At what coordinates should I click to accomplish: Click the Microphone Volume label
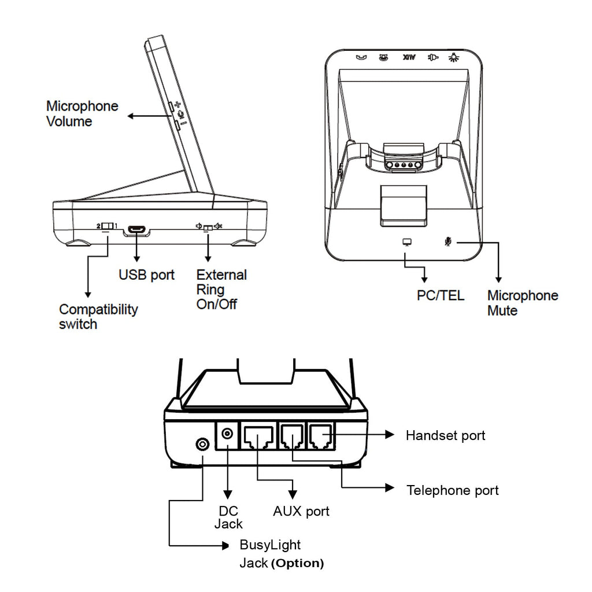[82, 113]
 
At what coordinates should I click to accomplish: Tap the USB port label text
[146, 275]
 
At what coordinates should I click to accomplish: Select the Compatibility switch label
[98, 316]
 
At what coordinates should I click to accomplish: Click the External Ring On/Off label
[221, 289]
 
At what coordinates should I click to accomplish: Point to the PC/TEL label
[441, 295]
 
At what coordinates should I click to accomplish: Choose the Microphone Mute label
[523, 303]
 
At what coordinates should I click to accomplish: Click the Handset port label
[445, 435]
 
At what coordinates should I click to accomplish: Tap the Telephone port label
[453, 491]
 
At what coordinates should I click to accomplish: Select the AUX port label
[301, 511]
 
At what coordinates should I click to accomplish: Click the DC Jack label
[228, 517]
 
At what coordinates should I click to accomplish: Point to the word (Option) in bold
[297, 563]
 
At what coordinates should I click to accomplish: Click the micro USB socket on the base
[136, 230]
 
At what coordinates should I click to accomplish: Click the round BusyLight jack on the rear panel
[202, 444]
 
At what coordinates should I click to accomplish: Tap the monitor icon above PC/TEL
[406, 241]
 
